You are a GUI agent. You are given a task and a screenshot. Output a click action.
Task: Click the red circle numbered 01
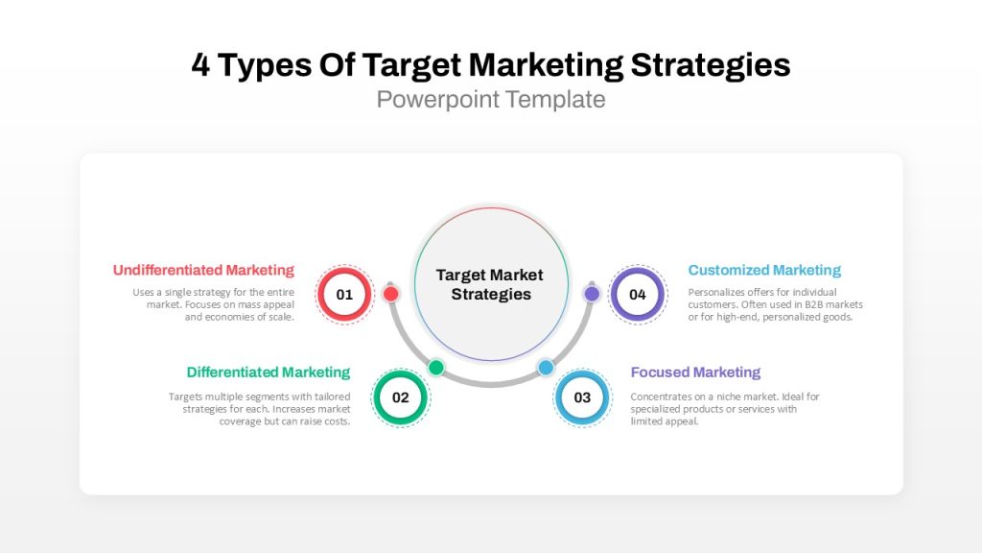pyautogui.click(x=344, y=294)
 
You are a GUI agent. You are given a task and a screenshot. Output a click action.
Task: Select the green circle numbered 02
pyautogui.click(x=401, y=397)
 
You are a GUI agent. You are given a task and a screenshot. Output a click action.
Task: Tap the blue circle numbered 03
pyautogui.click(x=582, y=397)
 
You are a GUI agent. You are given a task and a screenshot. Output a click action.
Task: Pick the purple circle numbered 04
pyautogui.click(x=638, y=294)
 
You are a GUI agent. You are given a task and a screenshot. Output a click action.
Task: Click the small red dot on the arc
pyautogui.click(x=391, y=294)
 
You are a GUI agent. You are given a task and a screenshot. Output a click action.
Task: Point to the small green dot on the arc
pyautogui.click(x=436, y=368)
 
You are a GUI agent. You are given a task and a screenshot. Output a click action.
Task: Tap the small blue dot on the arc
pyautogui.click(x=546, y=368)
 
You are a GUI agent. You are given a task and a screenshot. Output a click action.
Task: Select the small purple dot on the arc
pyautogui.click(x=592, y=294)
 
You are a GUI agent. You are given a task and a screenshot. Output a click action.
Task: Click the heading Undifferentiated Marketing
pyautogui.click(x=203, y=270)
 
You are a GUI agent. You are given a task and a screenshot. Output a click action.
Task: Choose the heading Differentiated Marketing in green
pyautogui.click(x=269, y=373)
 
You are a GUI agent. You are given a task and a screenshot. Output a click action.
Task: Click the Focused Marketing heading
pyautogui.click(x=695, y=373)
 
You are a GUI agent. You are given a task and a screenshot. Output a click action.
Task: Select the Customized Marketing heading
pyautogui.click(x=764, y=270)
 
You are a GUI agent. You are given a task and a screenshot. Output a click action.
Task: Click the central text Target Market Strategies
pyautogui.click(x=490, y=284)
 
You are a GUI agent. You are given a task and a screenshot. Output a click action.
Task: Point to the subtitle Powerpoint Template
pyautogui.click(x=491, y=99)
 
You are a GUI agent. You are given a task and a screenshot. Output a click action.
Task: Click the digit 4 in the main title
pyautogui.click(x=200, y=64)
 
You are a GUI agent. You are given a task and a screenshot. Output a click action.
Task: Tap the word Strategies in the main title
pyautogui.click(x=711, y=65)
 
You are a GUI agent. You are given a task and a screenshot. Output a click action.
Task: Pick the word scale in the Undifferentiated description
pyautogui.click(x=282, y=317)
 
